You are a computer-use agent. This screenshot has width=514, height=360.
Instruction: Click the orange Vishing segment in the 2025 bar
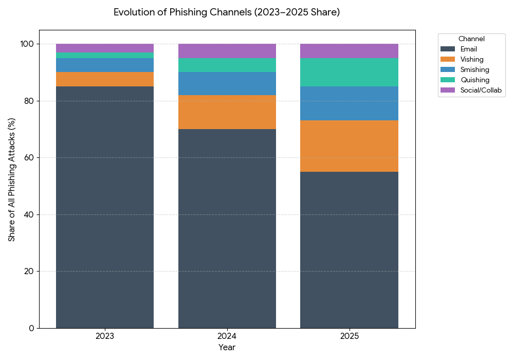point(349,146)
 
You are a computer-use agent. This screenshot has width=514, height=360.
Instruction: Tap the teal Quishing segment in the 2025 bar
point(349,72)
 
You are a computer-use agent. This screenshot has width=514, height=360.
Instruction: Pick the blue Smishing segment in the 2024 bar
point(227,83)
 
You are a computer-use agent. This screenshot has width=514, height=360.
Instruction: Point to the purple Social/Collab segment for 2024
point(227,51)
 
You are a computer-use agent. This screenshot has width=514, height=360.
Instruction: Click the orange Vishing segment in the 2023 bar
point(105,79)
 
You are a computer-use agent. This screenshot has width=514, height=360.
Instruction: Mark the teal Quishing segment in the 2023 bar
point(105,55)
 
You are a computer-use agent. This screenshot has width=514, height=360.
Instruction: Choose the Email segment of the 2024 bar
point(227,228)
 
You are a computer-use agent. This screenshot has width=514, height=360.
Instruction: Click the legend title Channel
point(471,39)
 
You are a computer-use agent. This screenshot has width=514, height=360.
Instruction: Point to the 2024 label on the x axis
point(227,336)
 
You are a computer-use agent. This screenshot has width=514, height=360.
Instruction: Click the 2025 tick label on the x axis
point(349,336)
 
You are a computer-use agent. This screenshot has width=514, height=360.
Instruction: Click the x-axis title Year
point(227,348)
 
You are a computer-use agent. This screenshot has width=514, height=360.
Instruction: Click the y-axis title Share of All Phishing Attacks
point(12,179)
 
